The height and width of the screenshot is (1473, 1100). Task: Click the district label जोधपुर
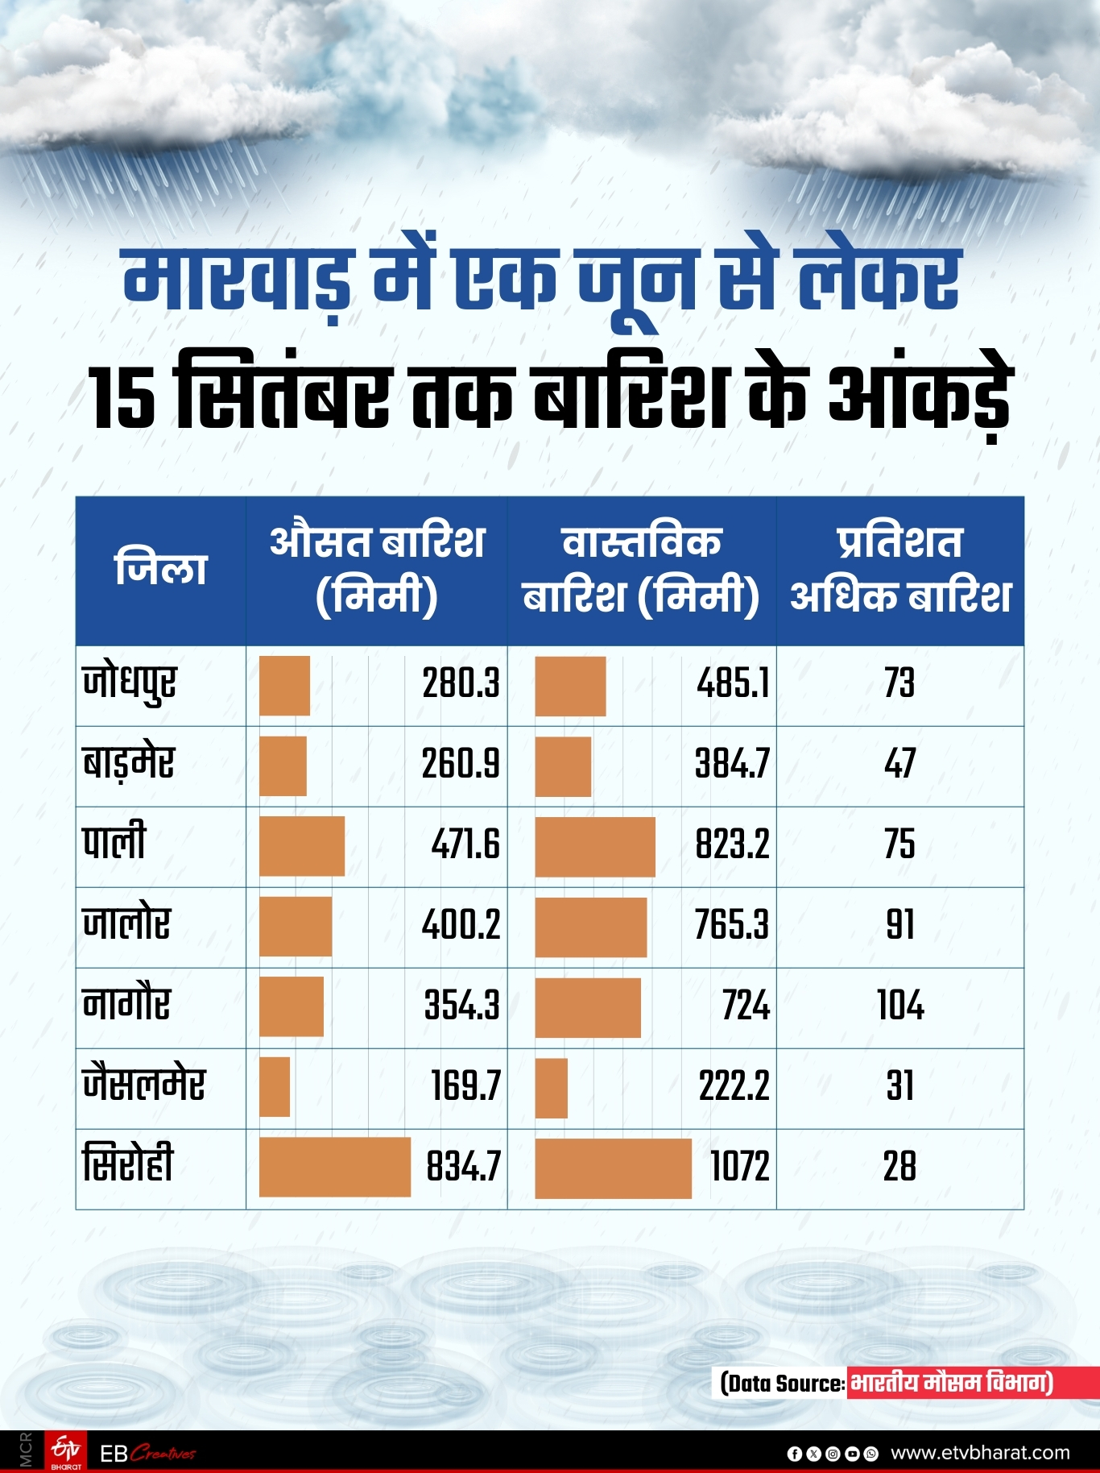tap(129, 684)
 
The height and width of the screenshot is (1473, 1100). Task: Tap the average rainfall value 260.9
tap(461, 764)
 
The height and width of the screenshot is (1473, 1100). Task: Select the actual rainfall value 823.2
tap(732, 844)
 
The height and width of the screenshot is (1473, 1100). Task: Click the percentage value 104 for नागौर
tap(900, 1006)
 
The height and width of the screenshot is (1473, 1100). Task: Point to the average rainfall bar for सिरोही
tap(335, 1167)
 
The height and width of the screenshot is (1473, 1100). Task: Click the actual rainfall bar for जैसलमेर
tap(552, 1088)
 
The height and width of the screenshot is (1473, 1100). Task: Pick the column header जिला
tap(161, 569)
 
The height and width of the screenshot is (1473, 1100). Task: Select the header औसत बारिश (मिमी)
tap(377, 569)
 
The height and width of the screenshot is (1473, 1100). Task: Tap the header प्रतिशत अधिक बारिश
tap(900, 569)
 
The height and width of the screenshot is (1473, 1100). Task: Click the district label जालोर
tap(126, 923)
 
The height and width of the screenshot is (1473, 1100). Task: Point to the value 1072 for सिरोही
tap(739, 1167)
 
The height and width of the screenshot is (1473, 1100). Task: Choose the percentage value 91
tap(900, 925)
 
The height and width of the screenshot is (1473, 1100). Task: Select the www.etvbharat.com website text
tap(980, 1453)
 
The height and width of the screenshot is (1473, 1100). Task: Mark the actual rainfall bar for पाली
tap(595, 846)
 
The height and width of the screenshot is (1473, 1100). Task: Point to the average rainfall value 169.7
tap(465, 1086)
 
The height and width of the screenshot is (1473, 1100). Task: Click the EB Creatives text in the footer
tap(148, 1454)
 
